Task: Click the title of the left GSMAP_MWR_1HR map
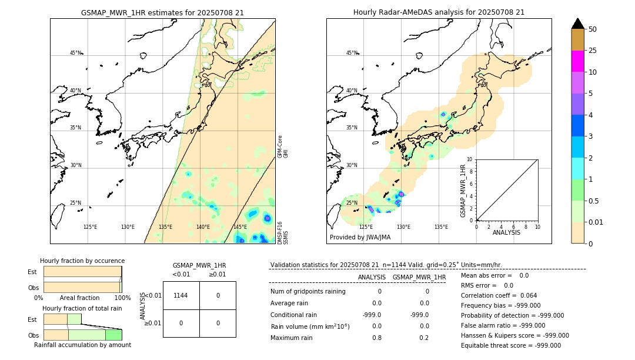tap(162, 12)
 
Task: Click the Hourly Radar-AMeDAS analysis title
tap(439, 12)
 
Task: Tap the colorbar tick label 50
tap(593, 29)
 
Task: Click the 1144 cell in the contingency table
tap(181, 295)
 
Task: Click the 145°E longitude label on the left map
tap(240, 227)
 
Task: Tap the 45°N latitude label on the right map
tap(352, 53)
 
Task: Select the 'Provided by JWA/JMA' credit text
tap(360, 238)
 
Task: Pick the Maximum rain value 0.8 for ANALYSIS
tap(377, 338)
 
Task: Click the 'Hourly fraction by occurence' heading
tap(82, 261)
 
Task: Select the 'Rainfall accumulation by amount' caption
tap(82, 345)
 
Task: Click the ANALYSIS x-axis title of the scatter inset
tap(506, 232)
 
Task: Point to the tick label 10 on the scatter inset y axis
tap(470, 159)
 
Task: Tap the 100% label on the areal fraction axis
tap(122, 298)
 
